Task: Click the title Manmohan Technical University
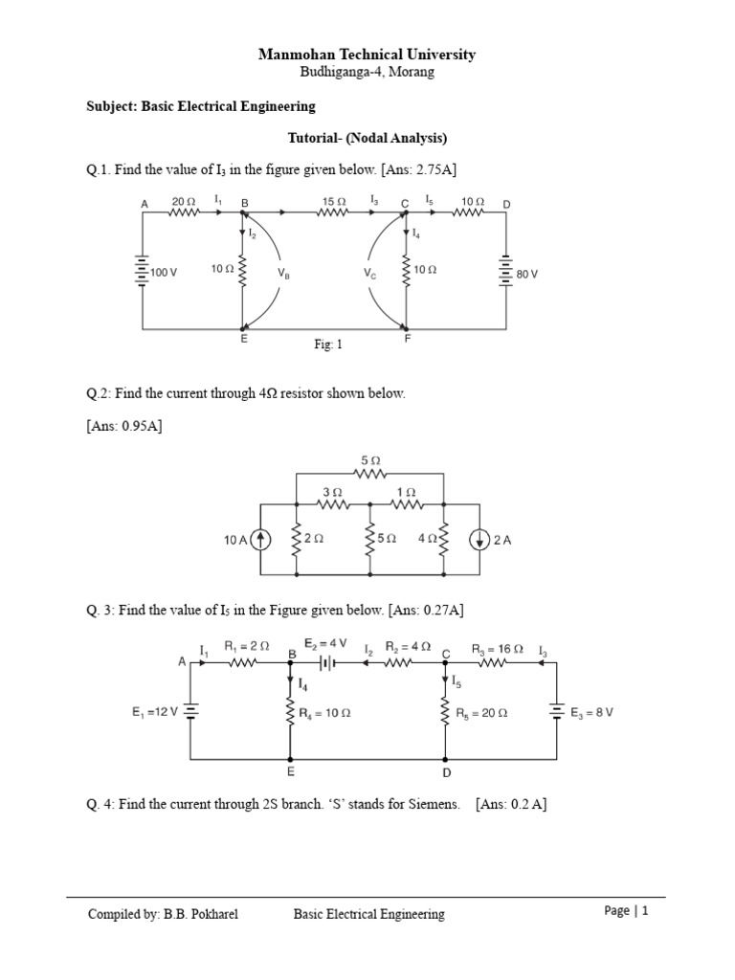coord(367,55)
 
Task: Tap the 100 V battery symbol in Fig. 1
coord(142,272)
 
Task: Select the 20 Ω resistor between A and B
coord(183,213)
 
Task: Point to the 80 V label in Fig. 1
coord(527,274)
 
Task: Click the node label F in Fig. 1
coord(408,339)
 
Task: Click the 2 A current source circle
coord(479,540)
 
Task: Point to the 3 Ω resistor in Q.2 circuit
coord(332,502)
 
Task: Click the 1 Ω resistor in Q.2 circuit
coord(406,502)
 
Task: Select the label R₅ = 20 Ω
coord(482,713)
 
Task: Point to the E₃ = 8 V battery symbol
coord(556,711)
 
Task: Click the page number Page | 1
coord(627,911)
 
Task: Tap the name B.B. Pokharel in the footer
coord(200,914)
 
